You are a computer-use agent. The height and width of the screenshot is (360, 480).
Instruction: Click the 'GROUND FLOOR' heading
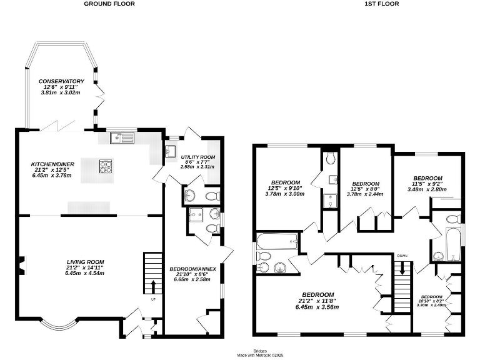pyautogui.click(x=110, y=4)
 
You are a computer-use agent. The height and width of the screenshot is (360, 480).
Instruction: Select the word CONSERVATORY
pyautogui.click(x=61, y=81)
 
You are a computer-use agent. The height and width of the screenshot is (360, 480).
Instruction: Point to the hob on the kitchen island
pyautogui.click(x=104, y=166)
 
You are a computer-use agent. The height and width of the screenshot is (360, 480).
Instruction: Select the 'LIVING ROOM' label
pyautogui.click(x=86, y=262)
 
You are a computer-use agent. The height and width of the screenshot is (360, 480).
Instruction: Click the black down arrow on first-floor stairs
pyautogui.click(x=402, y=267)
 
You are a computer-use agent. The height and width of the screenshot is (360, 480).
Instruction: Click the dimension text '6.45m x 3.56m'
pyautogui.click(x=318, y=307)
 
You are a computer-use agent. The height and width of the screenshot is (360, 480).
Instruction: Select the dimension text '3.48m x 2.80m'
pyautogui.click(x=427, y=189)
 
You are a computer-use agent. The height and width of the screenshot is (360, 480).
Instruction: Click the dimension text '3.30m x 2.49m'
pyautogui.click(x=431, y=305)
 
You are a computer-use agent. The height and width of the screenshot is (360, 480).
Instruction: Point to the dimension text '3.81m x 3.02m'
pyautogui.click(x=61, y=92)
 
